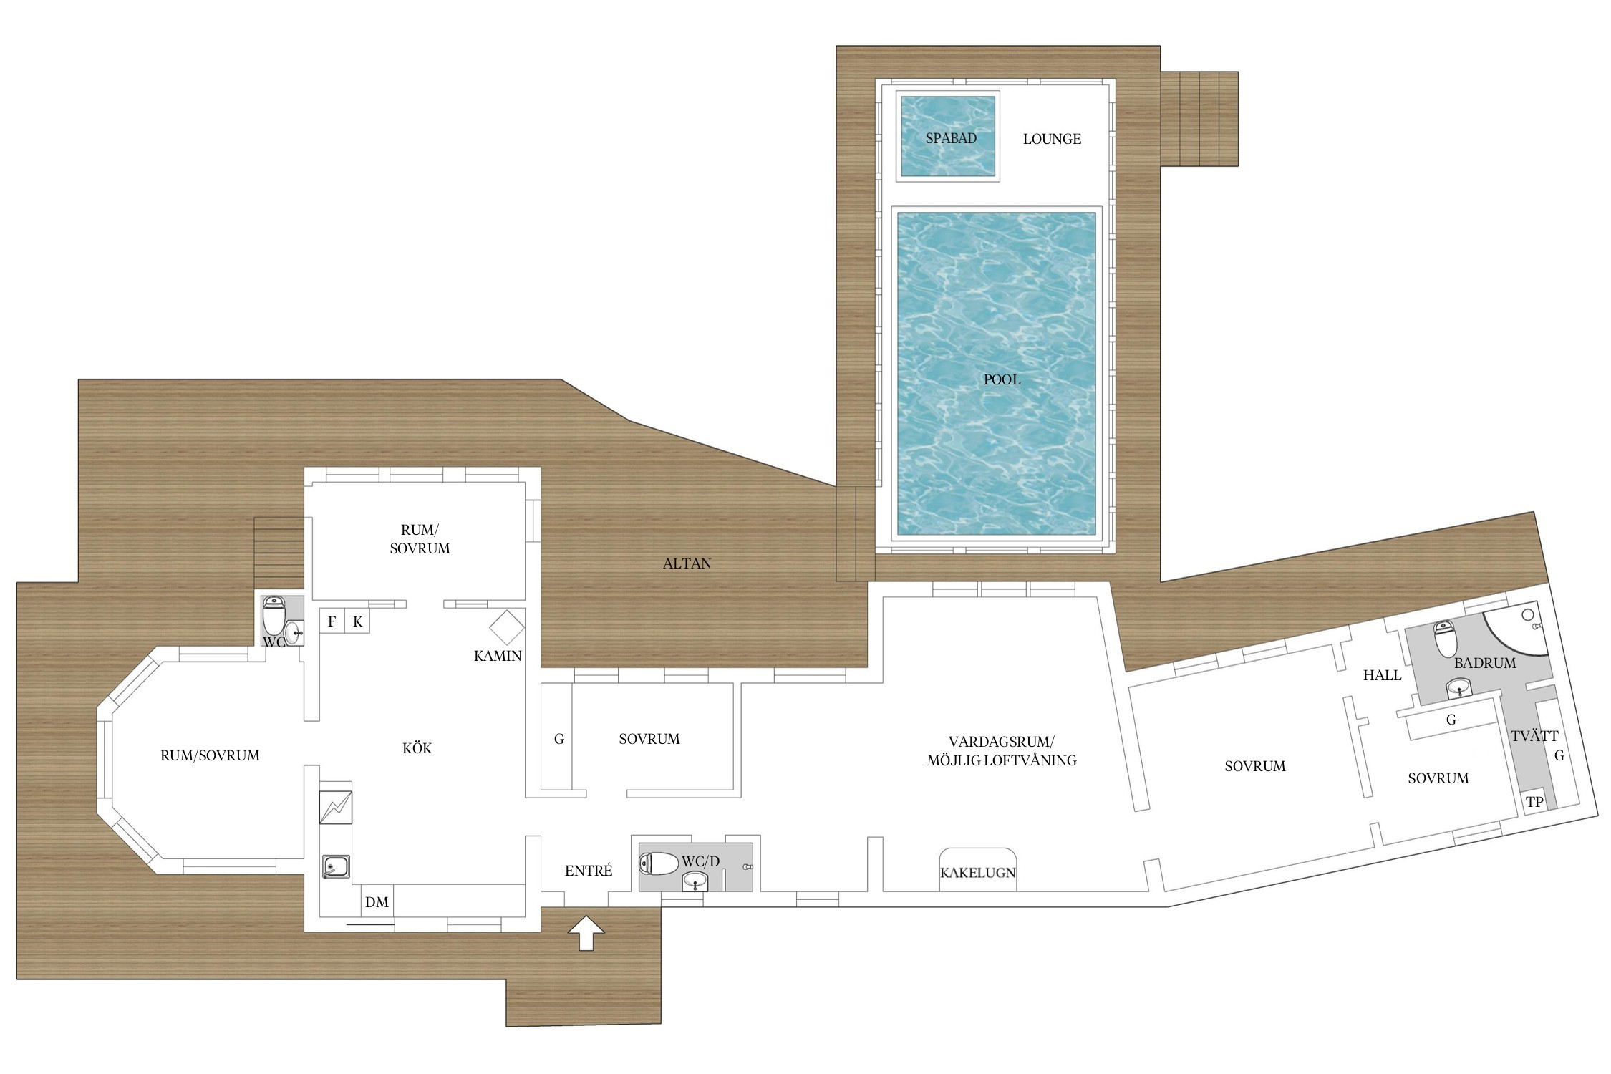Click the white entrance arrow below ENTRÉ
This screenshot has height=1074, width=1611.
586,932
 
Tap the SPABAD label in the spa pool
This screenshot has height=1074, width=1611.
951,138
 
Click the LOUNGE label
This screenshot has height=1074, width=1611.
1052,139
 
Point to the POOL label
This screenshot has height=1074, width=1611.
1002,379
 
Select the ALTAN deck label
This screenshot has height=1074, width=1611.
687,563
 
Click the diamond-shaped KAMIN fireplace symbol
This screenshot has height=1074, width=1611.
507,627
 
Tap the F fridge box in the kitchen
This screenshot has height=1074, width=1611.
332,621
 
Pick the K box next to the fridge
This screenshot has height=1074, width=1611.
357,621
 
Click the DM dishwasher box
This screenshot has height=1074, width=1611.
377,902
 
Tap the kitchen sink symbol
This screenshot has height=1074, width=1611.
336,866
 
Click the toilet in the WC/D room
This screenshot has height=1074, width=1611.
658,863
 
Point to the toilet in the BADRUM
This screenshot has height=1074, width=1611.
1444,639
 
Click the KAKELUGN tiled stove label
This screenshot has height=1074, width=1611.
977,873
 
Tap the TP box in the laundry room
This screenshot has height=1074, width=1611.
1534,802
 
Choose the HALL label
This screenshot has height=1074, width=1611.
1382,675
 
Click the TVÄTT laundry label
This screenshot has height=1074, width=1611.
1534,735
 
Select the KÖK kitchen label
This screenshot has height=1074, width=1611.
417,748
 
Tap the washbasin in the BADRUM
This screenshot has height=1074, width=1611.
1459,689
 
